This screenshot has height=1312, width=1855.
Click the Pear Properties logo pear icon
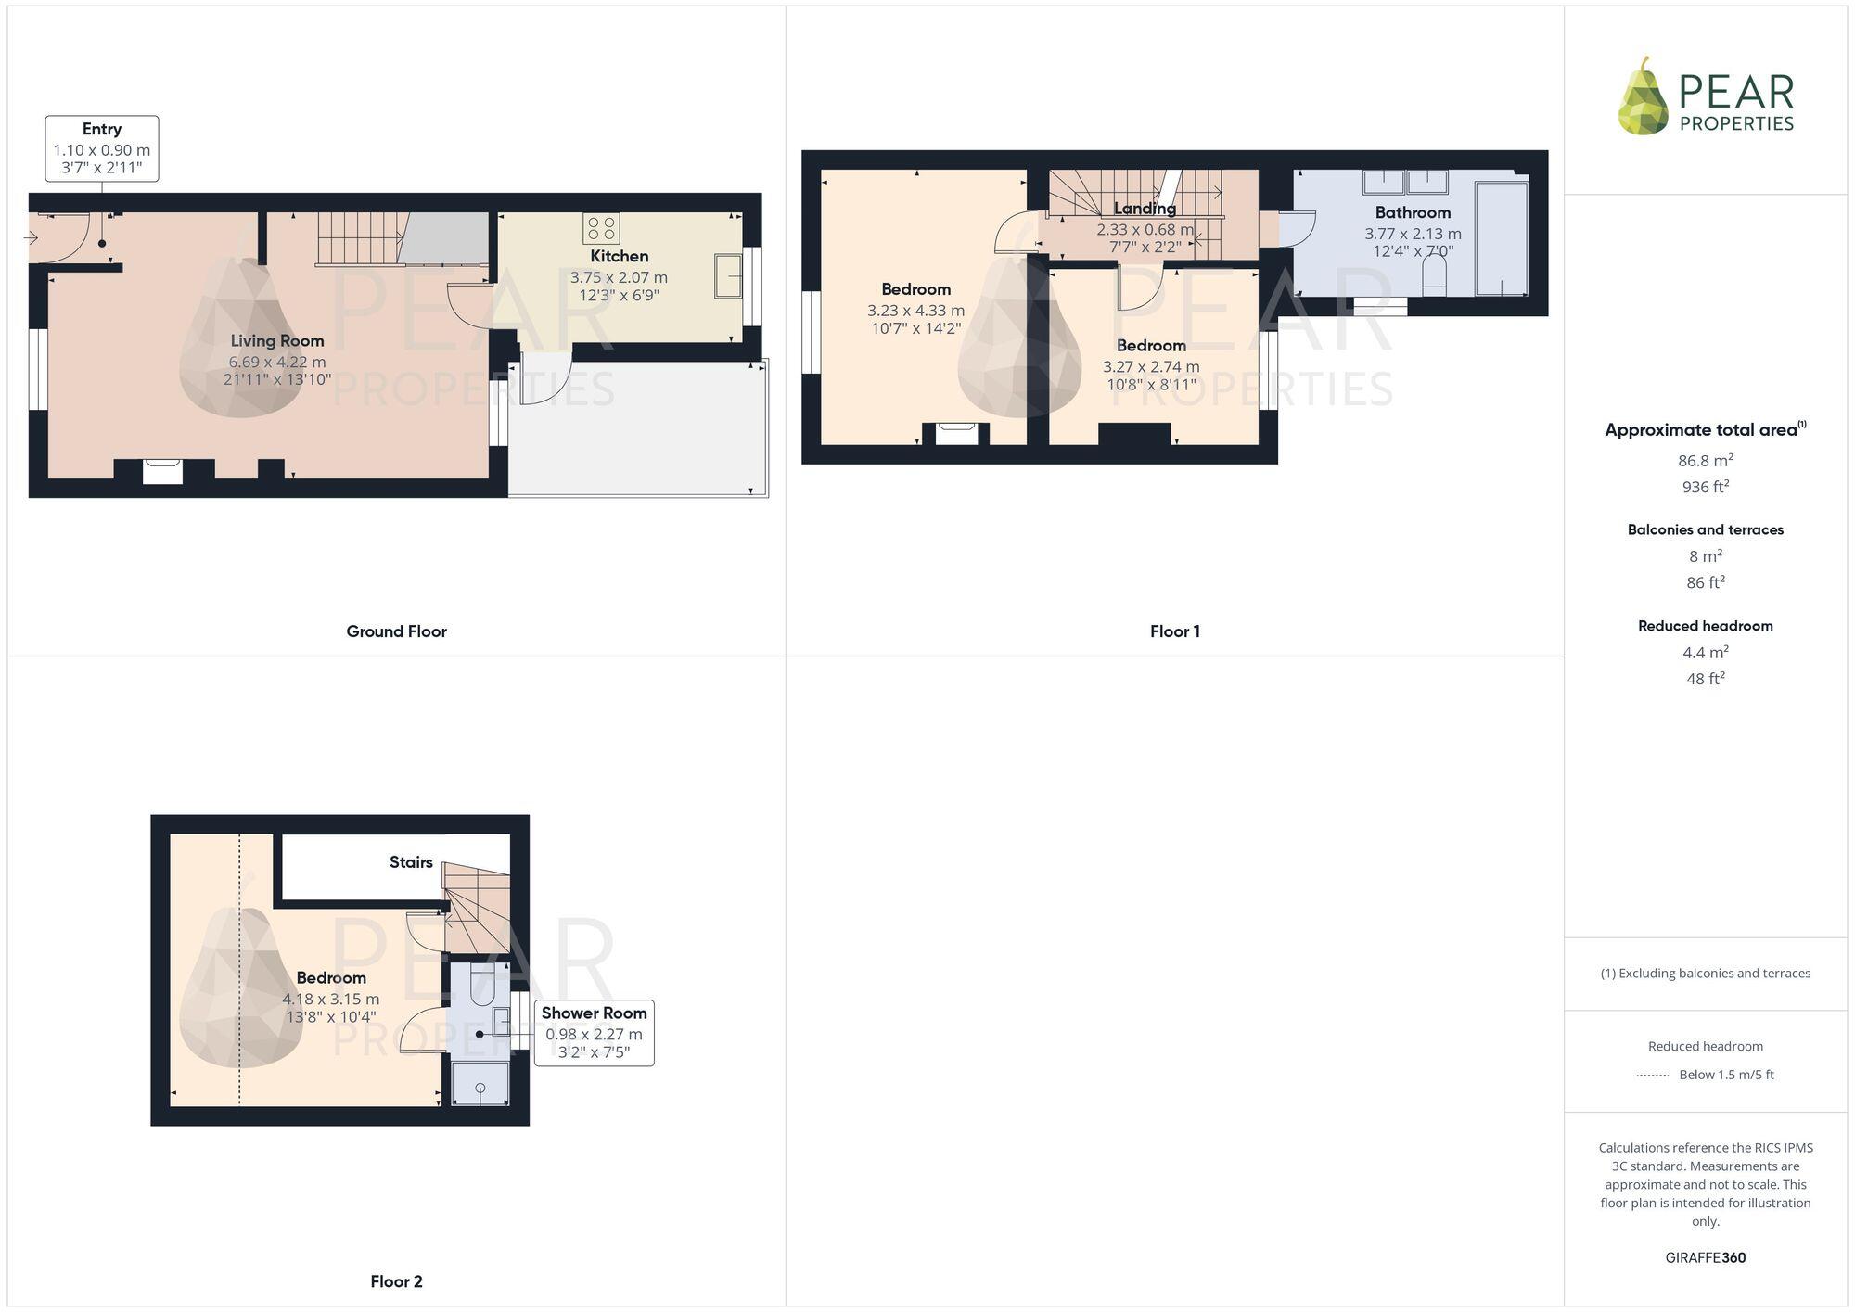pos(1644,96)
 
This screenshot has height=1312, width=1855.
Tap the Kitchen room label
pos(619,256)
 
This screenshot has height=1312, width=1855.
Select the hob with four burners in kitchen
pos(601,227)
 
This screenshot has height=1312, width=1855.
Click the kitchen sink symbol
pos(728,275)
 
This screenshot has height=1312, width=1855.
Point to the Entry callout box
pos(102,148)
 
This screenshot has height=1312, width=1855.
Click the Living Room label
pos(277,340)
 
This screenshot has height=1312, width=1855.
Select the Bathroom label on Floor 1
pos(1413,212)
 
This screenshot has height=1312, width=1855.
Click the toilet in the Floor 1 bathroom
pos(1434,275)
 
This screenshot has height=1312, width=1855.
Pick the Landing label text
pos(1145,209)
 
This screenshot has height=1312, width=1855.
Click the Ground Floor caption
pos(396,631)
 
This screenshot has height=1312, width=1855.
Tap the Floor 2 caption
pos(396,1281)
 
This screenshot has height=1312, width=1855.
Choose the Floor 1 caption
pos(1174,631)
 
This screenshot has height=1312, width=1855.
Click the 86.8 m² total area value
pos(1705,460)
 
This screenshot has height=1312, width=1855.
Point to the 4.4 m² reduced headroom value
pos(1705,652)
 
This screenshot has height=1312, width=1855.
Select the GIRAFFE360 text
pos(1705,1257)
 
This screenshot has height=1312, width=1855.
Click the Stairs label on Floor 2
pos(411,862)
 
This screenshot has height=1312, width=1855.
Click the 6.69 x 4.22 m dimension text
pos(277,362)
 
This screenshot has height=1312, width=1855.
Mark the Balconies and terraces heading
pos(1705,529)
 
